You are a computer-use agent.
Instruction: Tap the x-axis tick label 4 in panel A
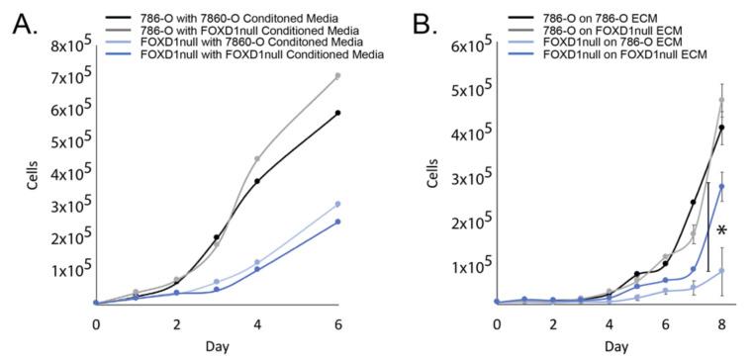point(257,323)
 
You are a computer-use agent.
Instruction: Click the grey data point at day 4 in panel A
point(257,159)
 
